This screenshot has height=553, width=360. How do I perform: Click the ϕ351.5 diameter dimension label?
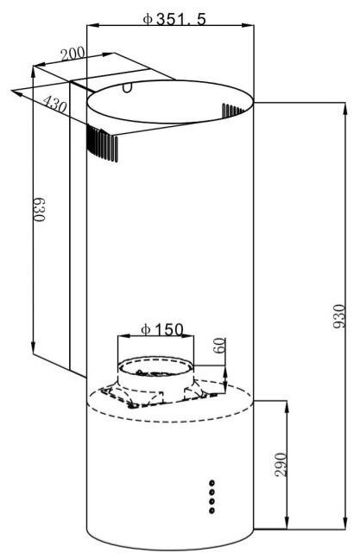(174, 19)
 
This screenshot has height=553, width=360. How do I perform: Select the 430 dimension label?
(54, 104)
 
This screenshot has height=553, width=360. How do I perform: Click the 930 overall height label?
(338, 316)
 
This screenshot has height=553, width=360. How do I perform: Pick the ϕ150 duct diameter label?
(162, 330)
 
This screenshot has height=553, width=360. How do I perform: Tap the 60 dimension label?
(218, 346)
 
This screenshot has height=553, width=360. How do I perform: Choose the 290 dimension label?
(281, 464)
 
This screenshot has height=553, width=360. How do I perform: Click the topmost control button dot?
(212, 482)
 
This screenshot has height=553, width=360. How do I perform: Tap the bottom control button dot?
(212, 511)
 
